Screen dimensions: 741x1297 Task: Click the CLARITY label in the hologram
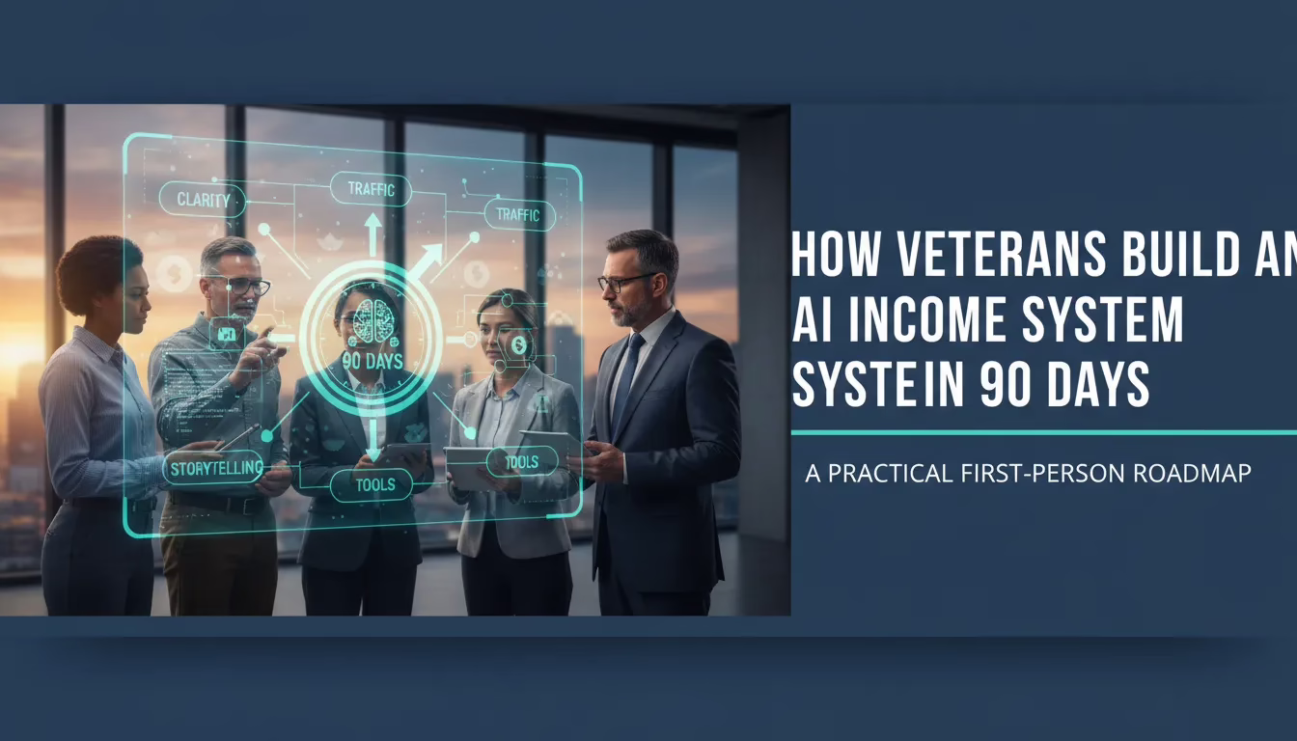click(x=204, y=201)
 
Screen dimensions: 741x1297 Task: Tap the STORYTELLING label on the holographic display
click(x=213, y=469)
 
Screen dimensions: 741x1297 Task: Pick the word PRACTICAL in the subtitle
click(x=889, y=475)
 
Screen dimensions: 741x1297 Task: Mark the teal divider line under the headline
click(x=1042, y=432)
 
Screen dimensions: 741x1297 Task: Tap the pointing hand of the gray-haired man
click(x=261, y=343)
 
